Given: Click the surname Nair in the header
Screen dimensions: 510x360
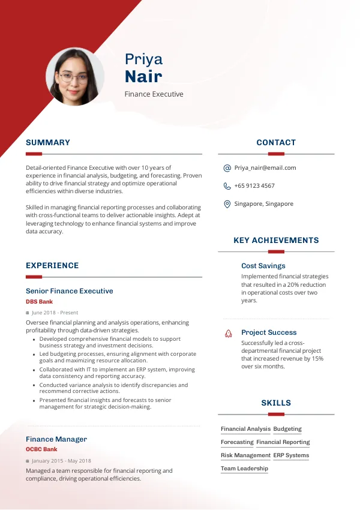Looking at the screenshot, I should tap(143, 77).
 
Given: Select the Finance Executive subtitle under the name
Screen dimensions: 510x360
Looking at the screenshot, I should tap(154, 94).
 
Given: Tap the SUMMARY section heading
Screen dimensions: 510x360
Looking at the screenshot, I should tap(48, 143).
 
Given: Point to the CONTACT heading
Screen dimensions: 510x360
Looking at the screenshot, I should tap(276, 143).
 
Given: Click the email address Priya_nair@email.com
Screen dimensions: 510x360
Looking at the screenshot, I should tap(265, 168).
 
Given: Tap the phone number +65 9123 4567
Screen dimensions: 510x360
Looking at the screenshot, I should tap(254, 186).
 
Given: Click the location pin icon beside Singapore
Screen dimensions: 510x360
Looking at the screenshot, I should tap(227, 204).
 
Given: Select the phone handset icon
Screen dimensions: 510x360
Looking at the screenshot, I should tap(227, 186).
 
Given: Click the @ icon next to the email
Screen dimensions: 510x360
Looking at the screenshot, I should tap(227, 168).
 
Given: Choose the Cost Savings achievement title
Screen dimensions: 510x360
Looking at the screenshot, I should tap(263, 266).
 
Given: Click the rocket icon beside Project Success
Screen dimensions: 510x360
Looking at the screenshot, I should tap(229, 332).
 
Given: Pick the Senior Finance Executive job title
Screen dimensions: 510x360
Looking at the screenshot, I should tap(70, 291).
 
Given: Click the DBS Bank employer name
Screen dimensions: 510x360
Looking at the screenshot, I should tap(40, 302).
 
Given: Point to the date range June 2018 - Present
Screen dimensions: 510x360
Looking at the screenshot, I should tap(55, 313).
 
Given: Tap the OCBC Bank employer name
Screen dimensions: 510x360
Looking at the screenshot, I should tap(41, 449).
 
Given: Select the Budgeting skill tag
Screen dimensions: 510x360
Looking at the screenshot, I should tap(287, 429).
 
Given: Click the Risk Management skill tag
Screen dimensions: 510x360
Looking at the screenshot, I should tap(245, 455).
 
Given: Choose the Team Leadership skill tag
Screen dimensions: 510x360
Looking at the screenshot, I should tap(244, 469).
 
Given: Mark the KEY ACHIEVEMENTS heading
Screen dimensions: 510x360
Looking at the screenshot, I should tap(276, 241).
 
